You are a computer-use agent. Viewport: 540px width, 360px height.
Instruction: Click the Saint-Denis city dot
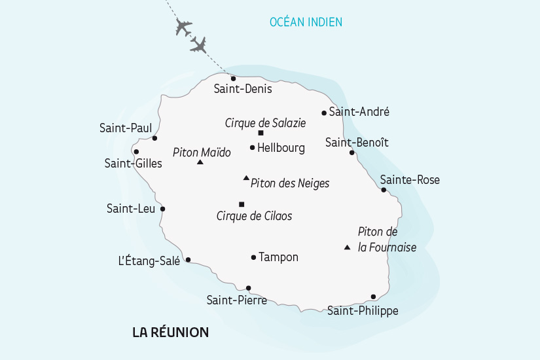tap(233, 79)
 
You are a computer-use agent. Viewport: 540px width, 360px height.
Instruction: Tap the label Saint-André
tap(359, 112)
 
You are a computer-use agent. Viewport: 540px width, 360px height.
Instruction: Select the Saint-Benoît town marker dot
tap(352, 153)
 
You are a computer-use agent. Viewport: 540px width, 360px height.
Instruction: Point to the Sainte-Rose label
tap(410, 180)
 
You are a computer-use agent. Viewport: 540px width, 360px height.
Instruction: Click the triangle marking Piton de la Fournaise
tap(347, 247)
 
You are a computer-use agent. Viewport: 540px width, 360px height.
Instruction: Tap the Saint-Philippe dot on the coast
tap(373, 297)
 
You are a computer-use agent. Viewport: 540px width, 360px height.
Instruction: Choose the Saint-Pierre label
tap(236, 300)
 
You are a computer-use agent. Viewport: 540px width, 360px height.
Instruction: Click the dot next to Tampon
tap(253, 257)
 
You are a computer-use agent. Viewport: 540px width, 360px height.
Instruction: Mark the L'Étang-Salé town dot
tap(189, 260)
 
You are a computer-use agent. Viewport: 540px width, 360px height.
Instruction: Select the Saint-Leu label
tap(131, 209)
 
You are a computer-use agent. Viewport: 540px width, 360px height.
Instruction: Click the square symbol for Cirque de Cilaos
tap(242, 204)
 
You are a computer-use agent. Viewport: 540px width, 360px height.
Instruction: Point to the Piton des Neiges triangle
tap(246, 177)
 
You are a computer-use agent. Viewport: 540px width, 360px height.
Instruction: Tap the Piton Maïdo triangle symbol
tap(200, 162)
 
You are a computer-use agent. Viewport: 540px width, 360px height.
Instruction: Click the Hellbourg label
tap(281, 148)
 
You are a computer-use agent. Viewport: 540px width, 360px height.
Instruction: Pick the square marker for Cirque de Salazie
tap(261, 133)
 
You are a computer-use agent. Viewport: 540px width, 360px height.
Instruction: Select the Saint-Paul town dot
tap(154, 138)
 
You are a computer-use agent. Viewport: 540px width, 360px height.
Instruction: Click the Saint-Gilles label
tap(133, 164)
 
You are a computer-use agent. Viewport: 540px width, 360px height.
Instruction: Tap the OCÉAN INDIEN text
tap(306, 22)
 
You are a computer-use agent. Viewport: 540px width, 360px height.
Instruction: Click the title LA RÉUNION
tap(170, 333)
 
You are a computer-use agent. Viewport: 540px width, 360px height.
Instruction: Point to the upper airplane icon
tap(183, 28)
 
